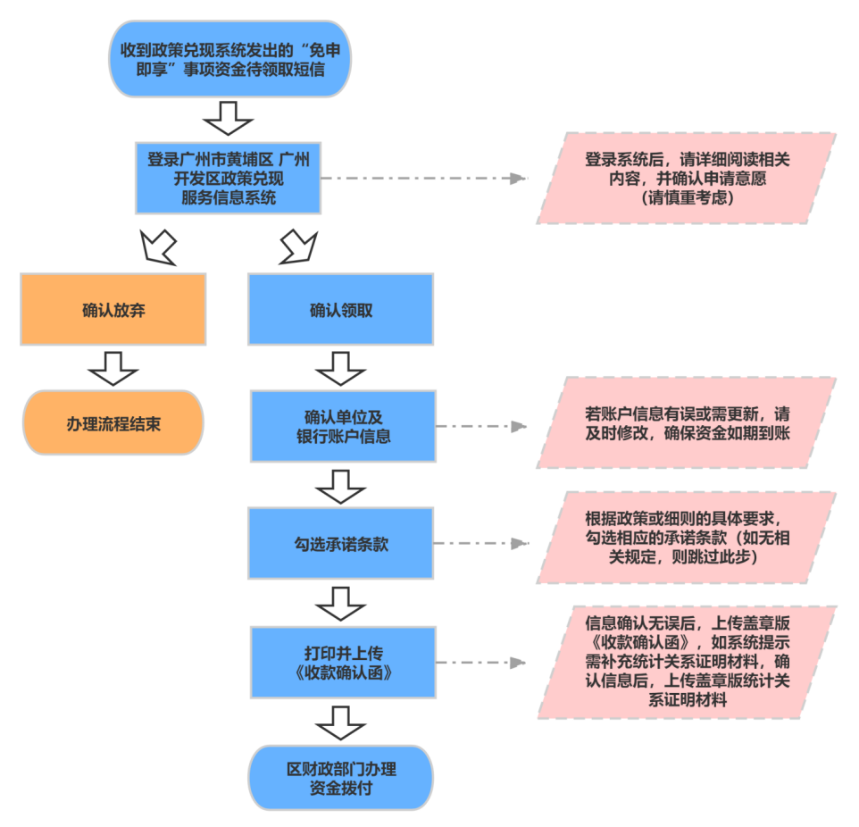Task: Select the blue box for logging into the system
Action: (x=229, y=178)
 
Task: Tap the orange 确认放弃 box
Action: (x=113, y=310)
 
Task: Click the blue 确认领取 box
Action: (x=341, y=310)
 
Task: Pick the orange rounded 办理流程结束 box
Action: (x=113, y=423)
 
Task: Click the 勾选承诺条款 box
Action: (x=341, y=543)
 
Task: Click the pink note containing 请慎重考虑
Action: (x=686, y=179)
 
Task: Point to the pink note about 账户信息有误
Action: (x=686, y=422)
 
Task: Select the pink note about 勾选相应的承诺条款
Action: (x=686, y=538)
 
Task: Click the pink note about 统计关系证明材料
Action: (x=686, y=662)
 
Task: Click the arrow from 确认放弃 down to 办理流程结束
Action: (x=113, y=367)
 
